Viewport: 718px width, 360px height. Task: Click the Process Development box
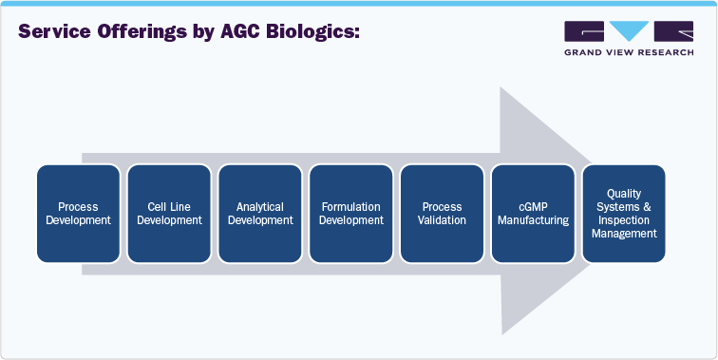(79, 214)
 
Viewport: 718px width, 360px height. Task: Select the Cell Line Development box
(170, 214)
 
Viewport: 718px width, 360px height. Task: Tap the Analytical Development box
(261, 214)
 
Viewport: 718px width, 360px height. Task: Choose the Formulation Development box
(351, 214)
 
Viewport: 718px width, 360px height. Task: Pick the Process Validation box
(443, 214)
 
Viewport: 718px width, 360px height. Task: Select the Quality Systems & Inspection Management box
(624, 214)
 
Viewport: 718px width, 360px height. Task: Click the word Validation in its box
(443, 220)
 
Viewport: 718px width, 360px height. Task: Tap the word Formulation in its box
(351, 207)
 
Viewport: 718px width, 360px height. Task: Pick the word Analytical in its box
(261, 207)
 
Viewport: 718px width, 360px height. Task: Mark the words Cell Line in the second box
(170, 207)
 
